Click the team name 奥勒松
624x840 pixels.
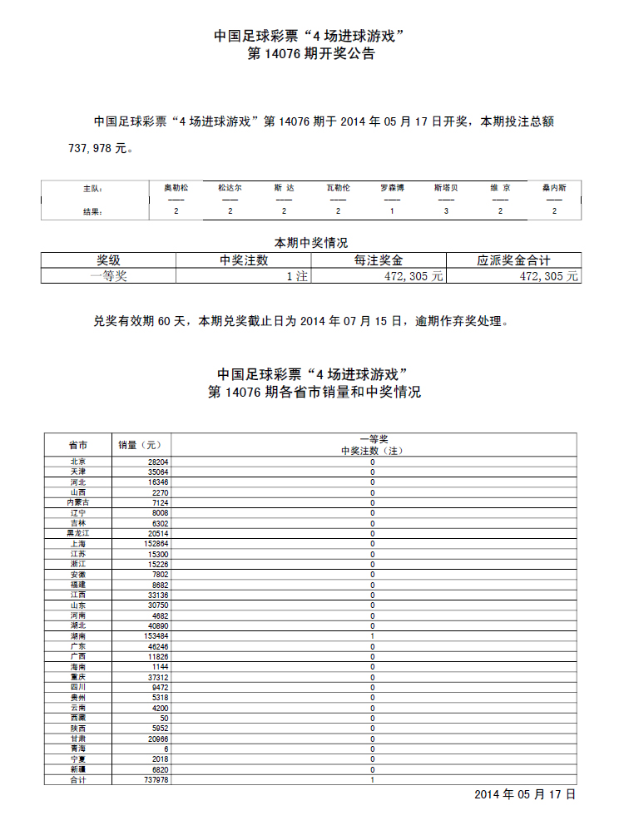coord(176,188)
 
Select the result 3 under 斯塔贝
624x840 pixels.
coord(446,211)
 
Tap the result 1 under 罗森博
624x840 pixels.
coord(392,211)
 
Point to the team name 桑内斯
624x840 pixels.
coord(554,188)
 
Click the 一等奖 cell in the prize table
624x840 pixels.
coord(108,276)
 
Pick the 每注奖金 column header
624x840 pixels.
coord(379,260)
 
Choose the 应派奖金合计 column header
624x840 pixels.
coord(513,260)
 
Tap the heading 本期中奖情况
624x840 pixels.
coord(311,243)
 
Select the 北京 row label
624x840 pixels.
coord(78,462)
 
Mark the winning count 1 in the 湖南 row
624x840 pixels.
coord(372,635)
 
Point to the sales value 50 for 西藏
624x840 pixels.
coord(164,717)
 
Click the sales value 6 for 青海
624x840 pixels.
coord(166,748)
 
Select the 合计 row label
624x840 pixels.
coord(78,779)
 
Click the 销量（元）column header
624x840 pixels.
coord(141,444)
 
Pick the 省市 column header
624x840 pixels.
coord(78,444)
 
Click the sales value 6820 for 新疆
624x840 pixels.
coord(159,768)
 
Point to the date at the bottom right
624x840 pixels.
coord(525,795)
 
